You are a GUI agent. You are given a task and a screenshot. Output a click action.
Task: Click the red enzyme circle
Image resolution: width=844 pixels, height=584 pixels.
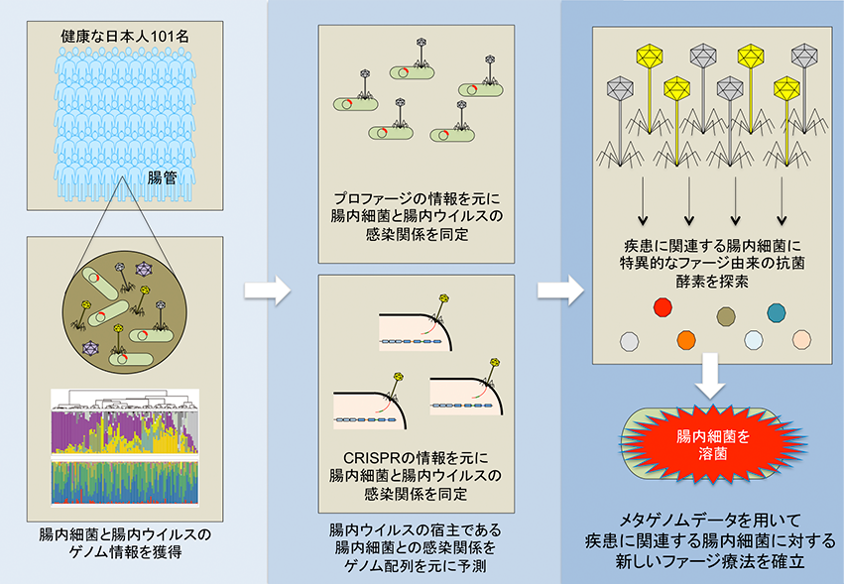click(x=663, y=308)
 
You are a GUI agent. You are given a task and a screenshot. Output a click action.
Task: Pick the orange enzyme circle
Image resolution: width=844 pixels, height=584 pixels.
click(x=686, y=341)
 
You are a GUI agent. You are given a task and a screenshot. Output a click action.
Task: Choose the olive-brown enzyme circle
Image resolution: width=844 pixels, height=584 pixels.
click(x=726, y=316)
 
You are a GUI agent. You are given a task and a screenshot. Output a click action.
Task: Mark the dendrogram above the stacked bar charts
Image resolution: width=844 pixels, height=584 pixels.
click(x=125, y=400)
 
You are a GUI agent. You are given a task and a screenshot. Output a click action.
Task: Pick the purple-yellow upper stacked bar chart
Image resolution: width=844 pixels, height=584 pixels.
click(x=125, y=432)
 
